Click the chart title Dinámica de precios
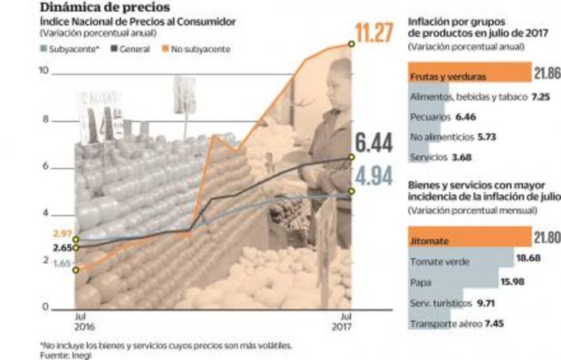point(105,8)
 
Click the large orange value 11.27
point(374,34)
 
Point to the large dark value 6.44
point(374,142)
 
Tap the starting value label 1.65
point(62,263)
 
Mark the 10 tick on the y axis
point(42,71)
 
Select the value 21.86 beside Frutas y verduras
point(546,73)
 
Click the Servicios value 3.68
point(461,157)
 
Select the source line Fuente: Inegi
point(66,355)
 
